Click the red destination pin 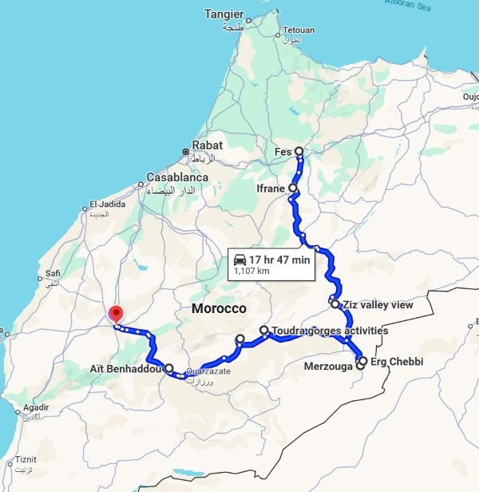[x=117, y=314]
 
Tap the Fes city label [x=283, y=151]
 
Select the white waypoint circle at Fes [x=299, y=151]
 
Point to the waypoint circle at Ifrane [x=293, y=188]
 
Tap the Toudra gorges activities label [x=330, y=330]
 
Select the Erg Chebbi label [x=397, y=362]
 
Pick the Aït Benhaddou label [x=126, y=369]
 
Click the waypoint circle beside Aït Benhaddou [x=168, y=368]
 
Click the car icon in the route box [x=239, y=260]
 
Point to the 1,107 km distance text [x=251, y=272]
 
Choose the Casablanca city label [x=177, y=177]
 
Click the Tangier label [x=223, y=14]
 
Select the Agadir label [x=37, y=407]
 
